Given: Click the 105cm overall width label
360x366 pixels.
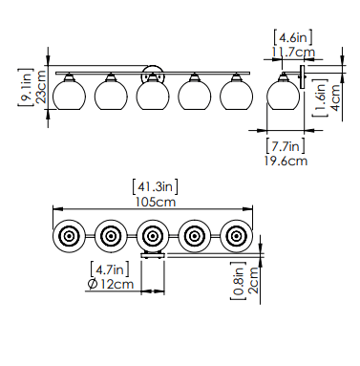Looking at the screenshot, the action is point(156,202).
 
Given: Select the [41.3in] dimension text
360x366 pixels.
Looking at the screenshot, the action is point(155,186).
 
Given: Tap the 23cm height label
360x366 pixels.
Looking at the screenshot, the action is point(41,87).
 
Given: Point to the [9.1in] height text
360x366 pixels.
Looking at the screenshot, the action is point(26,87).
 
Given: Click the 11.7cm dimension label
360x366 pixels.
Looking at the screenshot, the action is point(293,52).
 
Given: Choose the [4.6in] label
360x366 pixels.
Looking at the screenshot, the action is point(293,37).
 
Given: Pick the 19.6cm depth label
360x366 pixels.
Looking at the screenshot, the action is point(286,161).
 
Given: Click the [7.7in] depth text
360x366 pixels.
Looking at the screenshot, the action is point(286,146).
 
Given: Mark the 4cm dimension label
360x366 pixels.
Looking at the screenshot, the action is point(335,97).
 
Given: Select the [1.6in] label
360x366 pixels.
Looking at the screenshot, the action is point(320,97).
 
